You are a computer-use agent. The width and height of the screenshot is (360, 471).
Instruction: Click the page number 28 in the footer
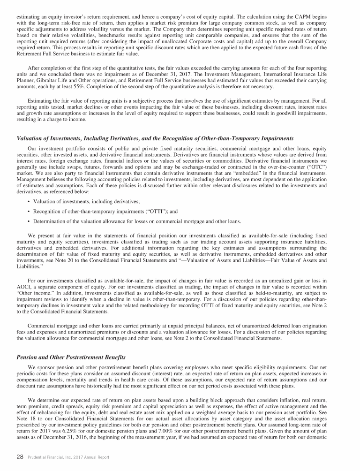[x=20, y=457]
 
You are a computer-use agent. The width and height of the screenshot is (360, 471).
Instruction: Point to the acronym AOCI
[x=24, y=286]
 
